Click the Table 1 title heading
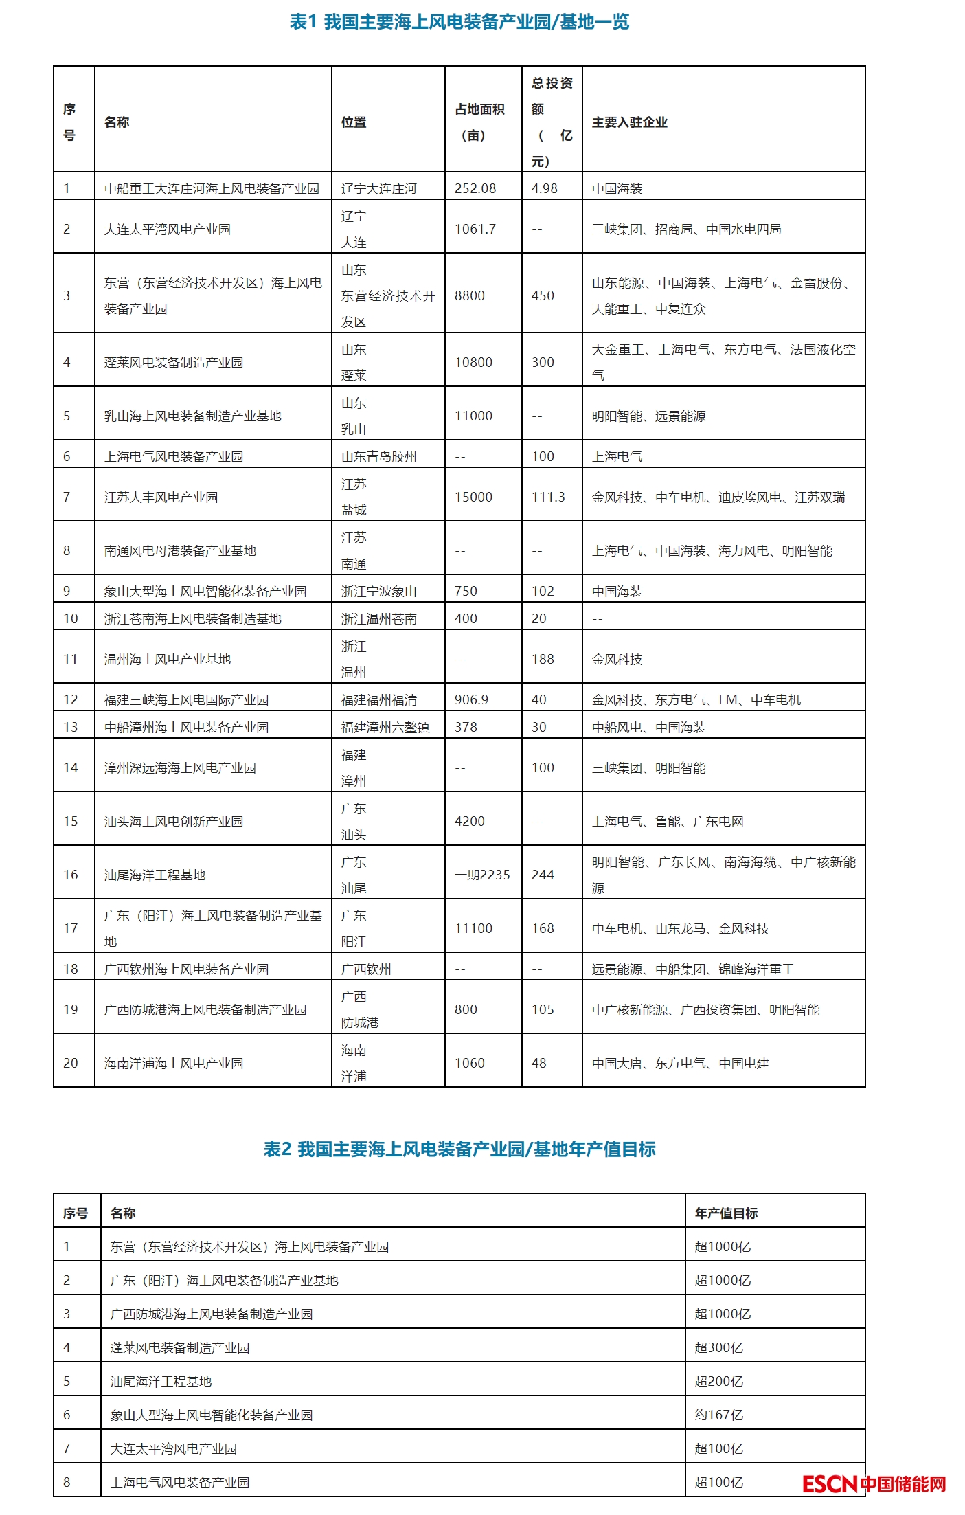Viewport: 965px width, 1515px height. [459, 22]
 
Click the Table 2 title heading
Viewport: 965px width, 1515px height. [459, 1149]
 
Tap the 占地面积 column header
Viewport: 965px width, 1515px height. [479, 122]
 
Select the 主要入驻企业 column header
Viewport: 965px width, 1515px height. [629, 122]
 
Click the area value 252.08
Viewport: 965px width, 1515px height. [475, 188]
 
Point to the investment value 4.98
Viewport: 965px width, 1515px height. [545, 188]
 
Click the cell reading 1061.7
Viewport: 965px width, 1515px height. [475, 229]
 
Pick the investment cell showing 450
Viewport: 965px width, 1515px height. [543, 295]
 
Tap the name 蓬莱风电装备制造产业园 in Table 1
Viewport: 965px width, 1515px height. [174, 362]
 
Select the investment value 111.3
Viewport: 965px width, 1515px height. [548, 497]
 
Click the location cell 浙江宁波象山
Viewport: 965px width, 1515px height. [379, 591]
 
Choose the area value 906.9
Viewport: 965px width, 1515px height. [471, 699]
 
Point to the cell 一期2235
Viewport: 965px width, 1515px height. [482, 875]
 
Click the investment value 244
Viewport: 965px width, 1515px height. [543, 875]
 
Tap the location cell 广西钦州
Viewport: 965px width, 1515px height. [366, 969]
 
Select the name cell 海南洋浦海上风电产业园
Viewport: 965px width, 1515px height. [174, 1063]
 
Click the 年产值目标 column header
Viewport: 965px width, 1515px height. [726, 1213]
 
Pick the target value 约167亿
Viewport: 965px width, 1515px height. [719, 1415]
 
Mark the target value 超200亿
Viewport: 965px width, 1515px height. [719, 1381]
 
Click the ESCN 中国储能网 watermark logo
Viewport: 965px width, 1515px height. [874, 1483]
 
